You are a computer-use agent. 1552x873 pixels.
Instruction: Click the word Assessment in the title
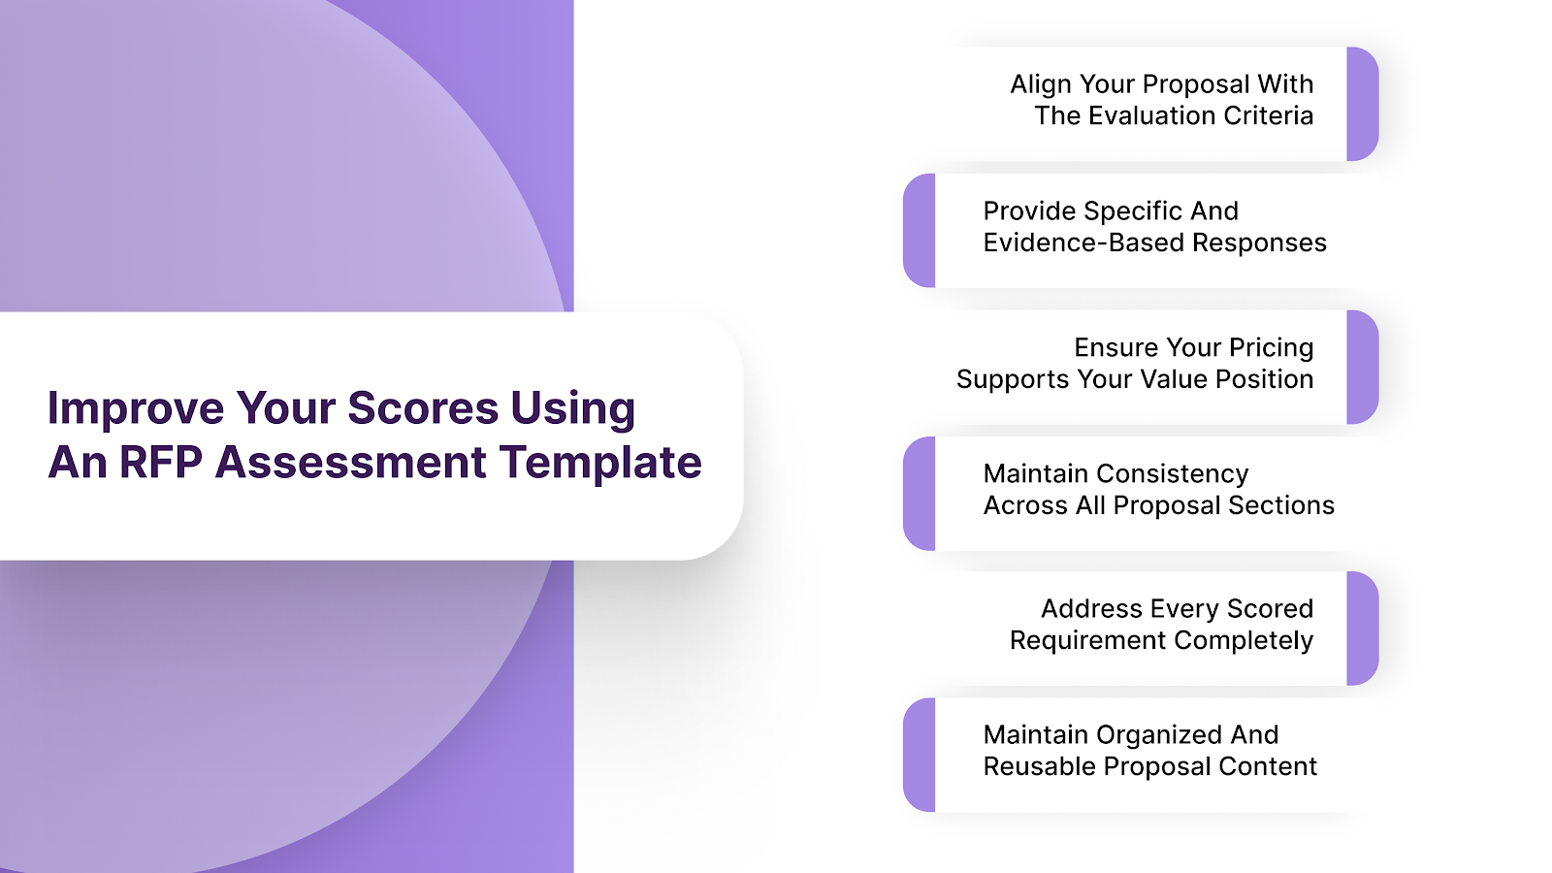pyautogui.click(x=351, y=463)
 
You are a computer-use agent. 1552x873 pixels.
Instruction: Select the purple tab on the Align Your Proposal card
pyautogui.click(x=1362, y=104)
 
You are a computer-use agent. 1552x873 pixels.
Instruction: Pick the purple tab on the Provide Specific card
pyautogui.click(x=920, y=231)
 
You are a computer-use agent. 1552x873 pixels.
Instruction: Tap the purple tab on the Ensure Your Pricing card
pyautogui.click(x=1362, y=367)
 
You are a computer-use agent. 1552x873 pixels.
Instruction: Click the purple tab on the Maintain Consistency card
pyautogui.click(x=920, y=494)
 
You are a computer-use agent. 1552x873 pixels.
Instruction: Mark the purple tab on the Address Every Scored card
pyautogui.click(x=1362, y=629)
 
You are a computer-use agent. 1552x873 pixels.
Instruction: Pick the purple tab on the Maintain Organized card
pyautogui.click(x=920, y=755)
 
